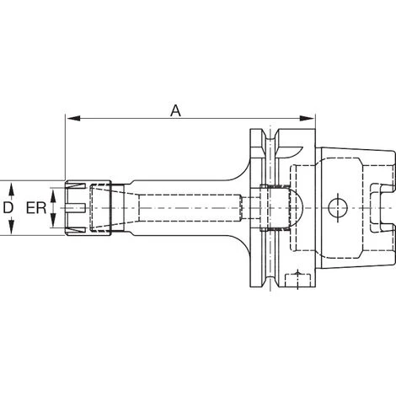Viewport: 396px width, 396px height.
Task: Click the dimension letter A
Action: [x=175, y=110]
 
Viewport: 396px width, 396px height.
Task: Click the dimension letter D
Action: [x=8, y=208]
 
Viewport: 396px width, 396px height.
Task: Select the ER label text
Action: [x=36, y=208]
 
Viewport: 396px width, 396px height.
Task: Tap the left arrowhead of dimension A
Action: [x=73, y=118]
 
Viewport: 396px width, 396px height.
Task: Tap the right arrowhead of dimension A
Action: [x=307, y=118]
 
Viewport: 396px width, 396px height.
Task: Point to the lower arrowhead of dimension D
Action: [x=11, y=227]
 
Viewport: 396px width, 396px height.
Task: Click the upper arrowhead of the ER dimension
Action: [x=53, y=195]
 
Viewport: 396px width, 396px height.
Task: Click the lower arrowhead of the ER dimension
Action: [x=53, y=221]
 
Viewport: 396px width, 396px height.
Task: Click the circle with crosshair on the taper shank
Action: [x=338, y=208]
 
